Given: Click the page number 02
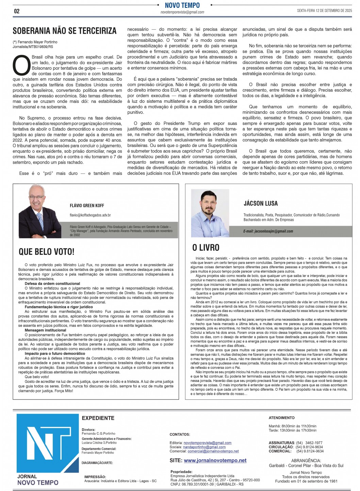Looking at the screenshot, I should [x=17, y=11].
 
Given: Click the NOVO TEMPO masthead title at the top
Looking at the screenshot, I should [x=182, y=5].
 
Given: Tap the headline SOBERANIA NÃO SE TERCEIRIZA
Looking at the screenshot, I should [x=65, y=31].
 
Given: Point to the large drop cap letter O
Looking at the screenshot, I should [x=21, y=65].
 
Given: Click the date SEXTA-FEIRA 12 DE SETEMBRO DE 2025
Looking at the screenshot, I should [x=324, y=11].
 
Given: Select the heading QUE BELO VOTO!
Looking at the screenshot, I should [x=46, y=252].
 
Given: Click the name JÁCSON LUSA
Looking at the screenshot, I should [x=260, y=203].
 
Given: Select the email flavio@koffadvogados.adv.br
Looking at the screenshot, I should [x=90, y=215].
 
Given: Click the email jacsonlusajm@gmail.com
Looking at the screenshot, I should [x=268, y=231].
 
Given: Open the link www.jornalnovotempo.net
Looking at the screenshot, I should [x=215, y=460].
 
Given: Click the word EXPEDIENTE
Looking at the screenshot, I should [x=98, y=418].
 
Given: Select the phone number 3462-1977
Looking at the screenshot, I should [x=314, y=443].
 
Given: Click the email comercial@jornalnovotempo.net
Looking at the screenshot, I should [x=213, y=451].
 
